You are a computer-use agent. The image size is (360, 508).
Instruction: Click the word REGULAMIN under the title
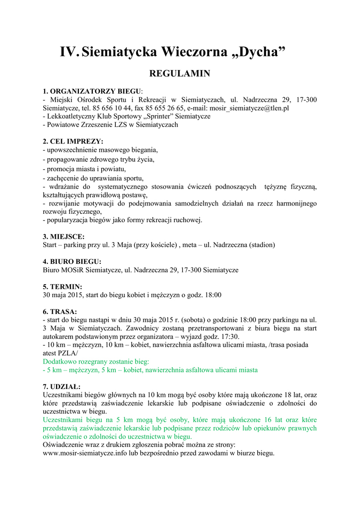click(180, 74)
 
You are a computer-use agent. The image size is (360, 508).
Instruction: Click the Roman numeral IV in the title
click(69, 52)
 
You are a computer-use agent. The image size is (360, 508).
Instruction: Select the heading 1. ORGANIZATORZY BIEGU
click(92, 91)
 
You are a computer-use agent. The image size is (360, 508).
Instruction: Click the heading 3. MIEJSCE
click(64, 237)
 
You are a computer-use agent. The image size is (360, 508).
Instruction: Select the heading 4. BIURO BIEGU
click(72, 261)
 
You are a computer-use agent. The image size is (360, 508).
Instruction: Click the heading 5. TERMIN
click(63, 287)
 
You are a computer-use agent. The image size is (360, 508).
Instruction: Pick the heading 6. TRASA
click(60, 312)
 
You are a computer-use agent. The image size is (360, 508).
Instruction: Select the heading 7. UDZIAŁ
click(62, 386)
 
